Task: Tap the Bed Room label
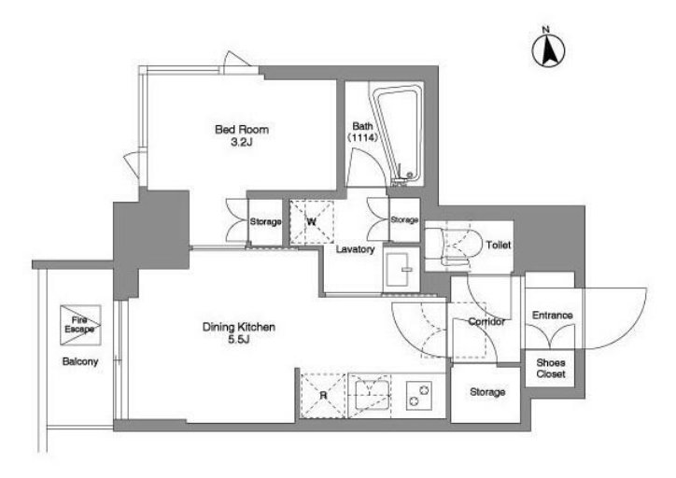(242, 130)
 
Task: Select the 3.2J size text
(242, 142)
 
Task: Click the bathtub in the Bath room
(397, 134)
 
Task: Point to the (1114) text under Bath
(362, 137)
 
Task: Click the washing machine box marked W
(311, 222)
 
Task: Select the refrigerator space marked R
(323, 396)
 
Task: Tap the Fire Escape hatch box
(80, 325)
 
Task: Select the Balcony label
(80, 361)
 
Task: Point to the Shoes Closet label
(551, 368)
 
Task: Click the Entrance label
(552, 315)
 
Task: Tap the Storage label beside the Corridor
(487, 392)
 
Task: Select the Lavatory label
(355, 249)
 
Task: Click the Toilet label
(499, 245)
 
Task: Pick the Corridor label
(486, 321)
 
